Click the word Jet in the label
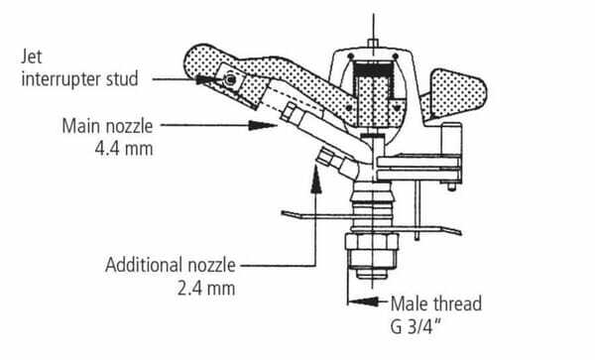[32, 57]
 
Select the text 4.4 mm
[124, 149]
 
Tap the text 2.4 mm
[206, 289]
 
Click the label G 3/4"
[416, 326]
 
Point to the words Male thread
[436, 303]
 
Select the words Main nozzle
[107, 126]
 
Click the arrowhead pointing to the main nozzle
[262, 125]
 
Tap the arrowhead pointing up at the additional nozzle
[315, 180]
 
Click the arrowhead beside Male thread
[363, 301]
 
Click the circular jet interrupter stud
[230, 79]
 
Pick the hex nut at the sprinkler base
[372, 252]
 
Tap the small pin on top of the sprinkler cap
[374, 43]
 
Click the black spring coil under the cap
[374, 70]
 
